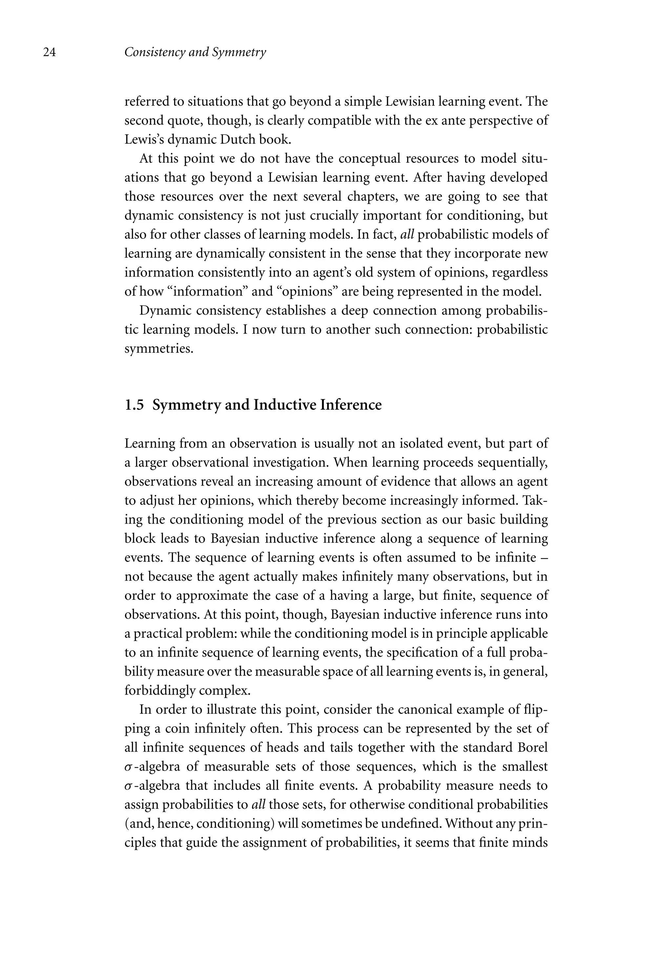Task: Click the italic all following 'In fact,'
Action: coord(407,234)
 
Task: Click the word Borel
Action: coord(533,748)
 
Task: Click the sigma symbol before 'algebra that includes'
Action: coord(128,786)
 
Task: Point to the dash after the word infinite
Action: coord(545,558)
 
